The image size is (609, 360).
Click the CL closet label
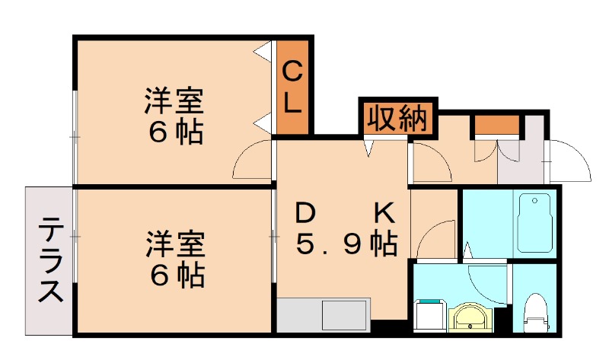pyautogui.click(x=293, y=88)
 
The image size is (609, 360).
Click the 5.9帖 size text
pyautogui.click(x=346, y=244)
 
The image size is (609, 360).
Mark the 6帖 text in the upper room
pyautogui.click(x=175, y=132)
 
